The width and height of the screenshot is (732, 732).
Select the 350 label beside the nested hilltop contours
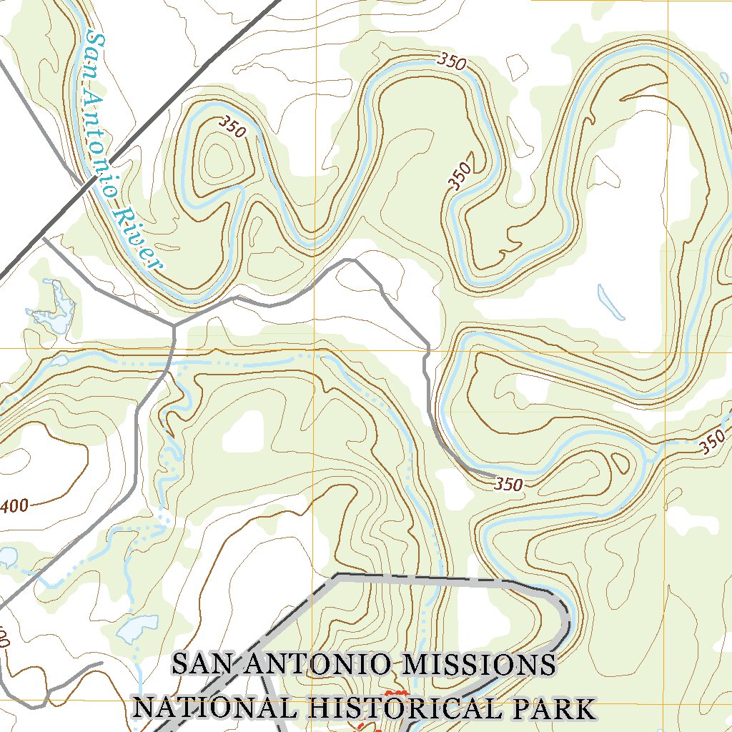click(233, 128)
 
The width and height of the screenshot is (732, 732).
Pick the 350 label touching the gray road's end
click(508, 484)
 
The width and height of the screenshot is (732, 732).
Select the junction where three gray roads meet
click(174, 326)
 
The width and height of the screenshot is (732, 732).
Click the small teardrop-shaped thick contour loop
click(620, 463)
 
